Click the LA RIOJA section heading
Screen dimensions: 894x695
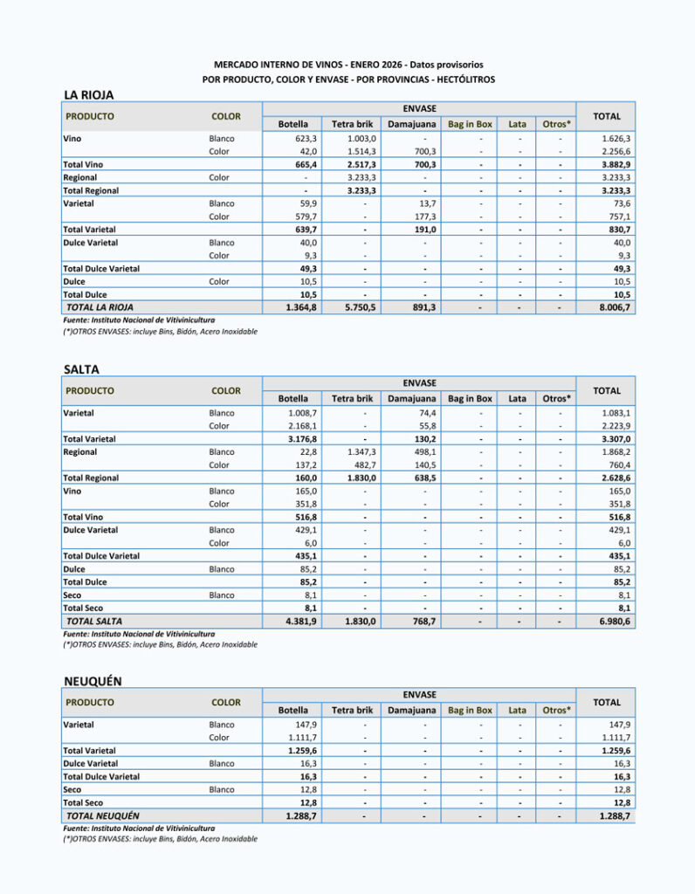pyautogui.click(x=89, y=95)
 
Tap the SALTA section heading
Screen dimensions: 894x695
pyautogui.click(x=82, y=370)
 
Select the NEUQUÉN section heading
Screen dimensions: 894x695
pyautogui.click(x=93, y=681)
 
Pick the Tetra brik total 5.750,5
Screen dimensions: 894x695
pyautogui.click(x=353, y=308)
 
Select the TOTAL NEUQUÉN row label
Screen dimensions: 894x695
pyautogui.click(x=103, y=815)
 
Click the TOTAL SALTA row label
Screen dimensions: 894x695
pyautogui.click(x=93, y=622)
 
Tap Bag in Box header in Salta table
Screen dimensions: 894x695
pyautogui.click(x=470, y=399)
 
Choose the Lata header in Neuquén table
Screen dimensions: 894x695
pyautogui.click(x=517, y=711)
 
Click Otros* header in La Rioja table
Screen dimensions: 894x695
pyautogui.click(x=556, y=124)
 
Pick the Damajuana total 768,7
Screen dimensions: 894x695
pyautogui.click(x=423, y=622)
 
